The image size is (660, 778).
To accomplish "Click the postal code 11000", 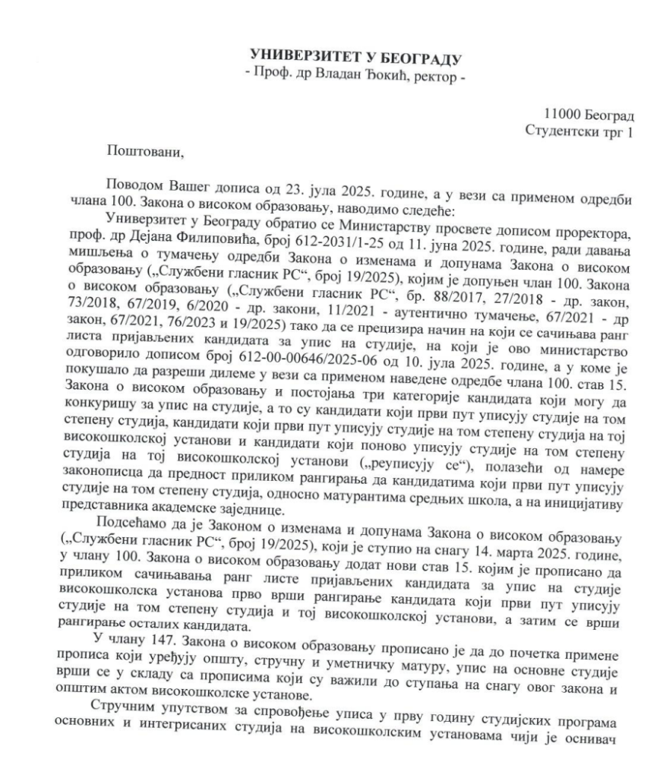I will click(564, 115).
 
